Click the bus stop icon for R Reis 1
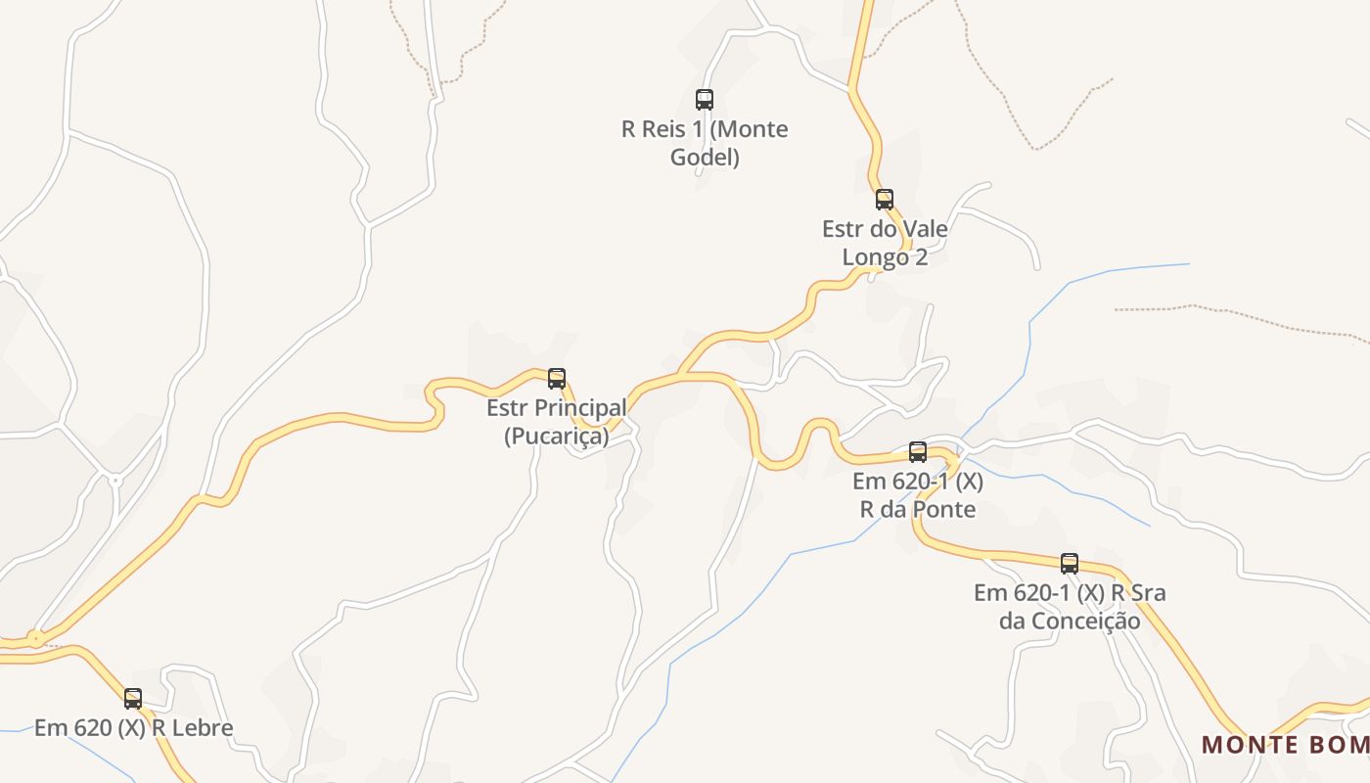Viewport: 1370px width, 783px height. pyautogui.click(x=705, y=99)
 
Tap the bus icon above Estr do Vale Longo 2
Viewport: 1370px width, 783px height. pyautogui.click(x=885, y=200)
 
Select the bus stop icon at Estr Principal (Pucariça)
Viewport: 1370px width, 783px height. pyautogui.click(x=557, y=379)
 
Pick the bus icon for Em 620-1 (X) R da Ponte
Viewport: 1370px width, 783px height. pyautogui.click(x=918, y=452)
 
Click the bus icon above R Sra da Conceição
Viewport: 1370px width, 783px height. pyautogui.click(x=1070, y=564)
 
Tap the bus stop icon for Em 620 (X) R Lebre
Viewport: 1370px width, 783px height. pyautogui.click(x=133, y=699)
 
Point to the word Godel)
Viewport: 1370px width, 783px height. pyautogui.click(x=705, y=158)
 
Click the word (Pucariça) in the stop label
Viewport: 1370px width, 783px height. pyautogui.click(x=556, y=437)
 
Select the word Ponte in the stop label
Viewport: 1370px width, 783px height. pyautogui.click(x=944, y=509)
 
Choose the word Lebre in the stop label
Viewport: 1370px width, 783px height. pyautogui.click(x=201, y=728)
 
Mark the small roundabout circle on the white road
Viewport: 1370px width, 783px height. pyautogui.click(x=115, y=481)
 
